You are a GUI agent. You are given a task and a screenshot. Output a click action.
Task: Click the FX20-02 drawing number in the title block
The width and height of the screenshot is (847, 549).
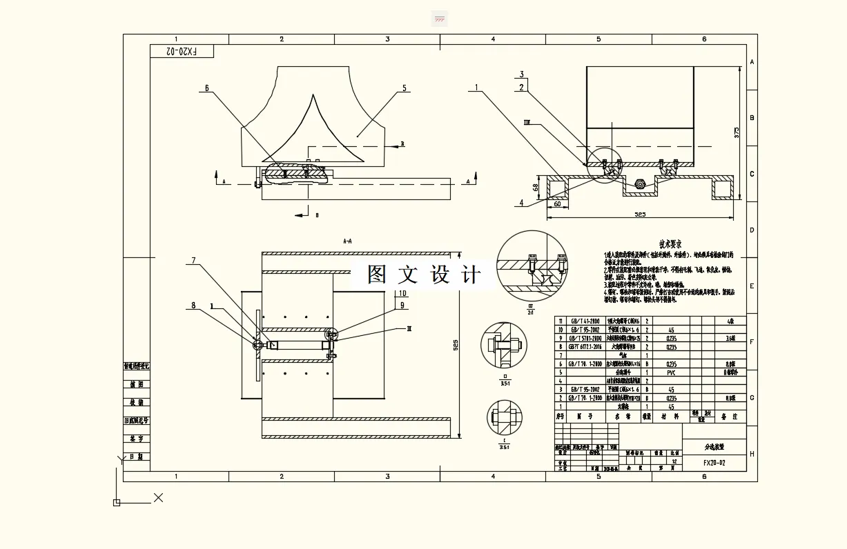tap(714, 463)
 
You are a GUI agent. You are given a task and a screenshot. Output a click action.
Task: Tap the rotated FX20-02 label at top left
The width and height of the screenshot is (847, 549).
tap(182, 52)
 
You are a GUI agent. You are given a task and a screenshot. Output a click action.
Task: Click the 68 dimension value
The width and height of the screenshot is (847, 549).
tap(536, 186)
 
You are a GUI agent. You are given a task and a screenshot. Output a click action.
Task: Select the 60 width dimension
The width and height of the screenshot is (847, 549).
tap(556, 203)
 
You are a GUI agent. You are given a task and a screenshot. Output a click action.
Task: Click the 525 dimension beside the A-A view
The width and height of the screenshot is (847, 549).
tap(455, 346)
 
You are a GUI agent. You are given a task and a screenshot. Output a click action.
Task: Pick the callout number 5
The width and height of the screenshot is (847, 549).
tap(405, 88)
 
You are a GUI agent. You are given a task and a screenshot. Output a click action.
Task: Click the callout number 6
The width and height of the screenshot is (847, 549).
tap(206, 88)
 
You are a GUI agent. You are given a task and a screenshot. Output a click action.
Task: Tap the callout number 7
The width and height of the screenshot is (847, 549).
tap(194, 261)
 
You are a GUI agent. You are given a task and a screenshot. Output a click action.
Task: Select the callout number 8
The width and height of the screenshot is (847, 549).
tap(193, 305)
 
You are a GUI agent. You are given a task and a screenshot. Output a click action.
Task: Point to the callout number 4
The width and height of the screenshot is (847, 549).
tap(522, 203)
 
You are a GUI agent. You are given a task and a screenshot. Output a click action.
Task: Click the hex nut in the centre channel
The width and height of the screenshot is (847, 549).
tap(640, 184)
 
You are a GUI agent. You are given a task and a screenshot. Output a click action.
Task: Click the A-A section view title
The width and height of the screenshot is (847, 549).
tap(347, 241)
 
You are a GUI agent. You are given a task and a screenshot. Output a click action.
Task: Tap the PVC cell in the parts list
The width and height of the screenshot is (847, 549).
tap(670, 372)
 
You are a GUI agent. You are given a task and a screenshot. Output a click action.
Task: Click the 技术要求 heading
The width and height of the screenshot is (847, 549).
tap(670, 244)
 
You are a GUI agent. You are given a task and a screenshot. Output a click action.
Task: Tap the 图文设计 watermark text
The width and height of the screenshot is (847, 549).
tap(424, 274)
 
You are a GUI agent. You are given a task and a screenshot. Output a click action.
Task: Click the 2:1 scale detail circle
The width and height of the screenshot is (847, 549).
tap(532, 266)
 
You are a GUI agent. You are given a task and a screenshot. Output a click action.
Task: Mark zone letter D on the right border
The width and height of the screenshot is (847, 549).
tap(752, 230)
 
